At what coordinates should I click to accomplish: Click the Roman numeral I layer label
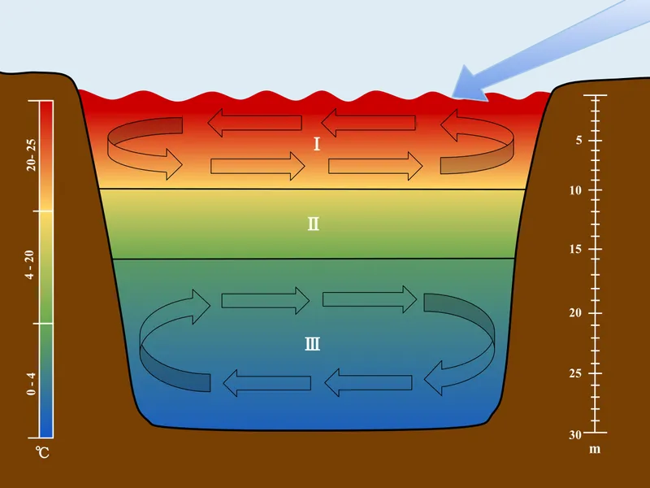[x=317, y=145]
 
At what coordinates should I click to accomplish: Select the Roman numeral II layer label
[x=313, y=224]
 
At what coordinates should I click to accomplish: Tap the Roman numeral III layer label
[x=313, y=344]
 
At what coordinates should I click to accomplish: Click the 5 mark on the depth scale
[x=578, y=140]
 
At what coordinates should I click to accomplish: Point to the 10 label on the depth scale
[x=575, y=190]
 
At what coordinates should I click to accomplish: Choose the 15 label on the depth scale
[x=575, y=250]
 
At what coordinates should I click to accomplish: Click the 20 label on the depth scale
[x=575, y=313]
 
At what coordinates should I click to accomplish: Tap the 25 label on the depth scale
[x=575, y=374]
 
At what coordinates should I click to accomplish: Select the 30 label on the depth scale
[x=575, y=434]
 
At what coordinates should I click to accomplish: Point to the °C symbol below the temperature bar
[x=42, y=451]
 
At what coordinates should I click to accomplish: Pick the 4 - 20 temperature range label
[x=31, y=265]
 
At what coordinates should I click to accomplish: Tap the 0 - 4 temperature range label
[x=31, y=382]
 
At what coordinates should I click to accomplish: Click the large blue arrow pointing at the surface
[x=544, y=49]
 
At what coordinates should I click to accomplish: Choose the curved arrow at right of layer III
[x=463, y=342]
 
